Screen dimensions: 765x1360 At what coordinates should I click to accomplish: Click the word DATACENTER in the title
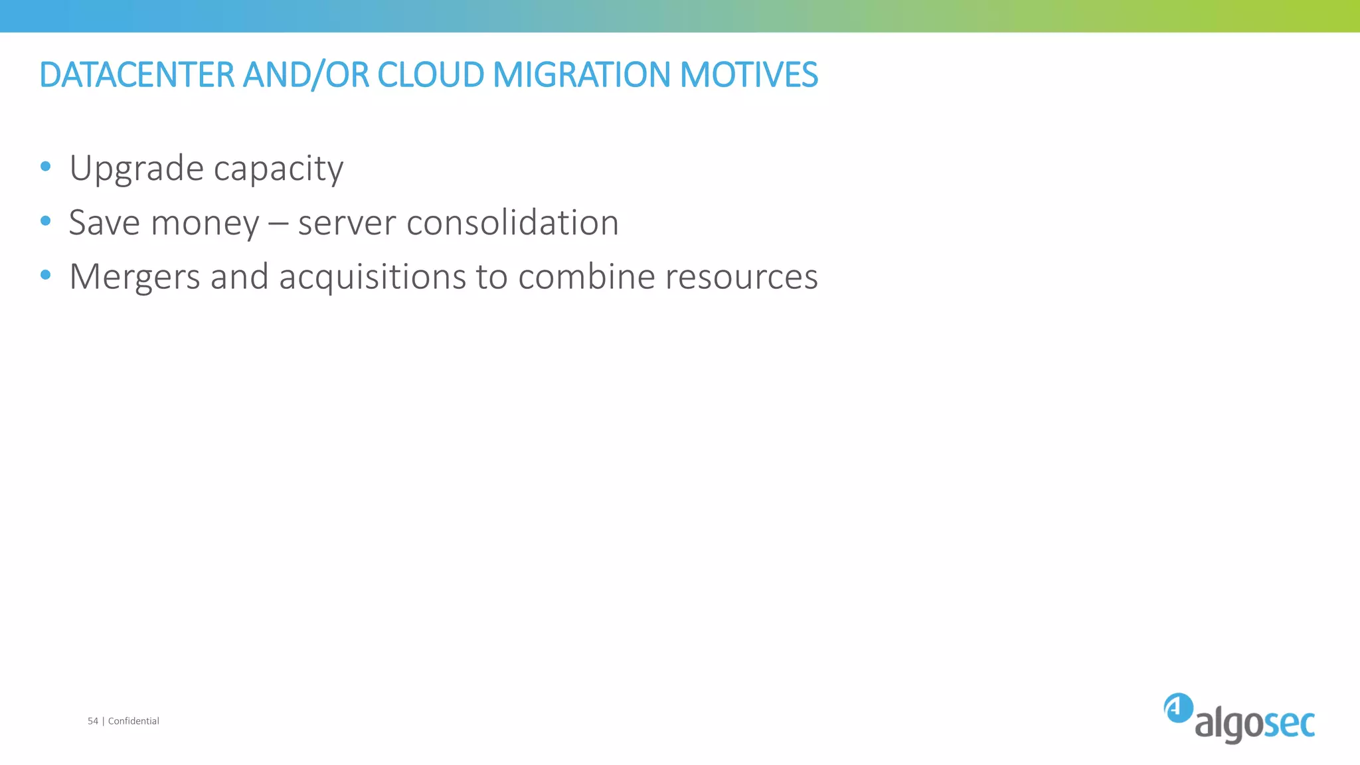coord(137,74)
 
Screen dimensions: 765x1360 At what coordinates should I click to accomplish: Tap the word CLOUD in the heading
coord(430,74)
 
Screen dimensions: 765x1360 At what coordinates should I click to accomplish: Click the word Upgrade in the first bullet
coord(136,169)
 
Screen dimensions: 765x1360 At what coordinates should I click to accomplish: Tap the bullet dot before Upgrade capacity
coord(45,166)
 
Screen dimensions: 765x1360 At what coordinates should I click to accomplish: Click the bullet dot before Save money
coord(45,220)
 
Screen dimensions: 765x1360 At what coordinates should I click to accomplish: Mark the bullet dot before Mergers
coord(45,274)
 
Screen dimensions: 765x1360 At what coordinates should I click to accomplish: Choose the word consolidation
coord(512,222)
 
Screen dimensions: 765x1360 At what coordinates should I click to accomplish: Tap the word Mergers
coord(134,278)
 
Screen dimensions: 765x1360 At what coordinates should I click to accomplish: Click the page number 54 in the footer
coord(93,721)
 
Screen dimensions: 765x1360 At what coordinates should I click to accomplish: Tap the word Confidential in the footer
coord(133,721)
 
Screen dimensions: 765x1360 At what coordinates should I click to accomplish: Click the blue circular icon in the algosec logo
coord(1178,708)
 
